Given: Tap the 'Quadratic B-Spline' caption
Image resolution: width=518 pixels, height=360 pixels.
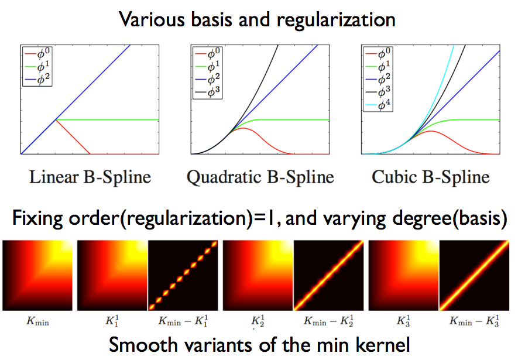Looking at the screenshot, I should [x=260, y=177].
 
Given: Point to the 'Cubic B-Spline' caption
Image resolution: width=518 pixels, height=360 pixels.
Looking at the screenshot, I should [x=431, y=177].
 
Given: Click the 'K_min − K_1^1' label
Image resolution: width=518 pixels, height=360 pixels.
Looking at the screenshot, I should [x=183, y=320].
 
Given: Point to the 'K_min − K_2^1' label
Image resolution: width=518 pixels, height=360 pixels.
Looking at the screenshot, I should [x=328, y=320].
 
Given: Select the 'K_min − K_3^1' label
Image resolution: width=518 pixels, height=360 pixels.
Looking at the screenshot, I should [x=475, y=320].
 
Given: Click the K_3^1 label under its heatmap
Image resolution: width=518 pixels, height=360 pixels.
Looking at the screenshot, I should [x=402, y=320].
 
